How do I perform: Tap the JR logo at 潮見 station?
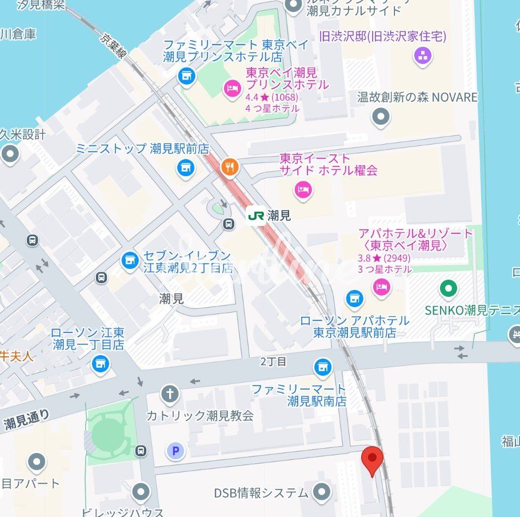point(255,216)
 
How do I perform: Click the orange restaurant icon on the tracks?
point(230,167)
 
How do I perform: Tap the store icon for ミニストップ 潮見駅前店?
point(184,167)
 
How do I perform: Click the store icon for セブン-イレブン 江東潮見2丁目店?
point(130,261)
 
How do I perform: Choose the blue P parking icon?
point(175,451)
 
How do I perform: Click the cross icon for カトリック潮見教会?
point(169,393)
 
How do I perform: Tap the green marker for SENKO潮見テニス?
point(449,288)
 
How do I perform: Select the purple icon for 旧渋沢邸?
point(423,55)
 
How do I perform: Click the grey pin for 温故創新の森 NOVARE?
point(381,117)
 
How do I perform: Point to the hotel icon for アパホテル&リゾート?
point(381,287)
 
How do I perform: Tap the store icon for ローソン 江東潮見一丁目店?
point(101,362)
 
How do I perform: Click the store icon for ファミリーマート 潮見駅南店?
point(323,367)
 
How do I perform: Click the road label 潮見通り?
point(26,420)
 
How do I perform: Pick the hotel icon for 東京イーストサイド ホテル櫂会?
point(303,189)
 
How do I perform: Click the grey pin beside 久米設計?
point(10,154)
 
